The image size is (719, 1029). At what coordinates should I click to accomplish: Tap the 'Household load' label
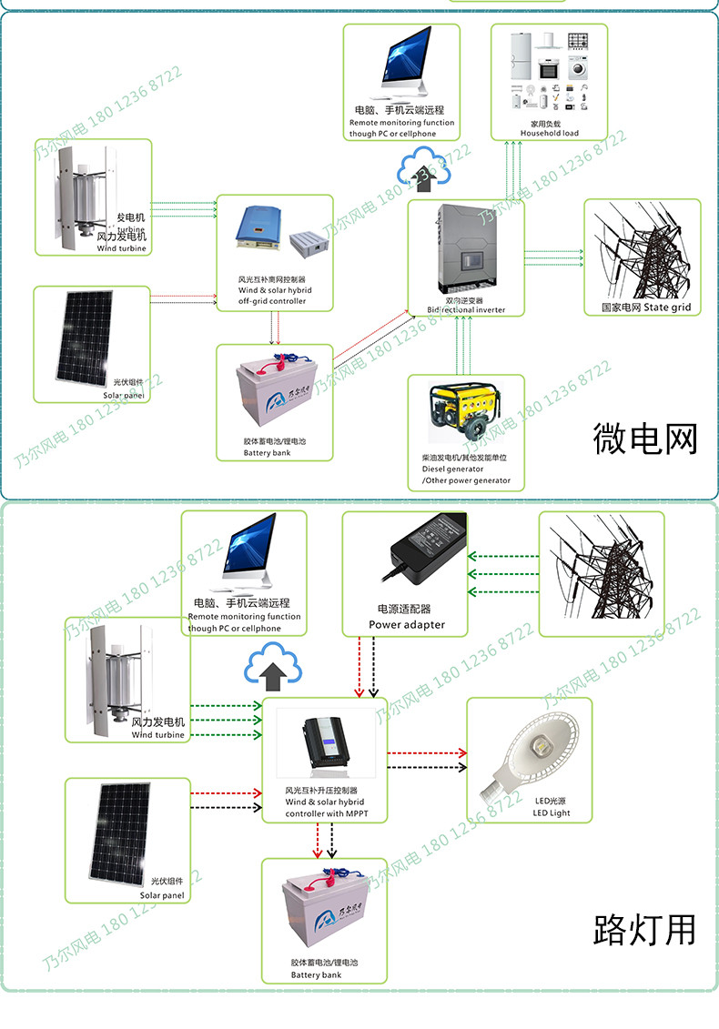(549, 133)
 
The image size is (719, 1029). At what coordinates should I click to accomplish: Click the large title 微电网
(645, 439)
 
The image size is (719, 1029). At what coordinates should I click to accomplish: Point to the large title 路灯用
(644, 930)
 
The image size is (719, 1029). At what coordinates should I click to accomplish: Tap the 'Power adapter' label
(407, 625)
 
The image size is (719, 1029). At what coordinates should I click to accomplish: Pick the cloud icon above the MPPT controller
(272, 669)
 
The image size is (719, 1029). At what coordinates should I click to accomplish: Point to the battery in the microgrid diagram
(272, 393)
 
